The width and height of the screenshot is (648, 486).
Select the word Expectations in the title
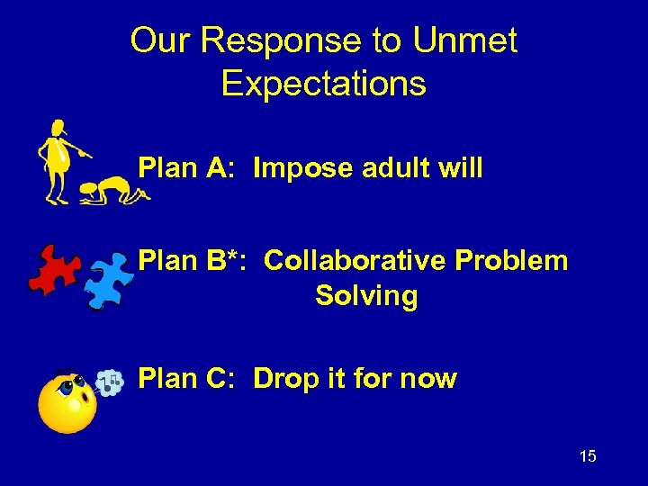[323, 84]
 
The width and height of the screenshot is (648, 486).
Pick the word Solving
[366, 296]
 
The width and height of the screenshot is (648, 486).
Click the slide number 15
[587, 456]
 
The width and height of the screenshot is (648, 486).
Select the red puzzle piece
[55, 269]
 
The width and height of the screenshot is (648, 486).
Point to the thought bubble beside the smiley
[109, 382]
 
